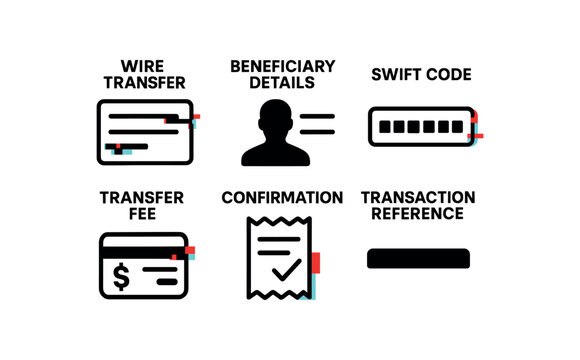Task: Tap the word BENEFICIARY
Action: (x=282, y=66)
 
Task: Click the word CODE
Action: (x=449, y=75)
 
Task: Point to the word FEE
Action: (x=141, y=213)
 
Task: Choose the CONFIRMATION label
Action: (x=282, y=198)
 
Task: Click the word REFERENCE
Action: (x=418, y=213)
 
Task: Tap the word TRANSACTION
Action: (x=418, y=198)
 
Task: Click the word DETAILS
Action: (x=282, y=82)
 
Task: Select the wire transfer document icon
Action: (x=144, y=132)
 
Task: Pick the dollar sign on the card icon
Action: (x=121, y=274)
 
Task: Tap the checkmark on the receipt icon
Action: (x=284, y=269)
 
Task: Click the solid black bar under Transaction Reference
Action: (x=418, y=258)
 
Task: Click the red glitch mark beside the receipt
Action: (x=315, y=263)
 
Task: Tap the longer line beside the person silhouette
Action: (x=317, y=118)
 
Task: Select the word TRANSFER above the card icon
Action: (x=141, y=198)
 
